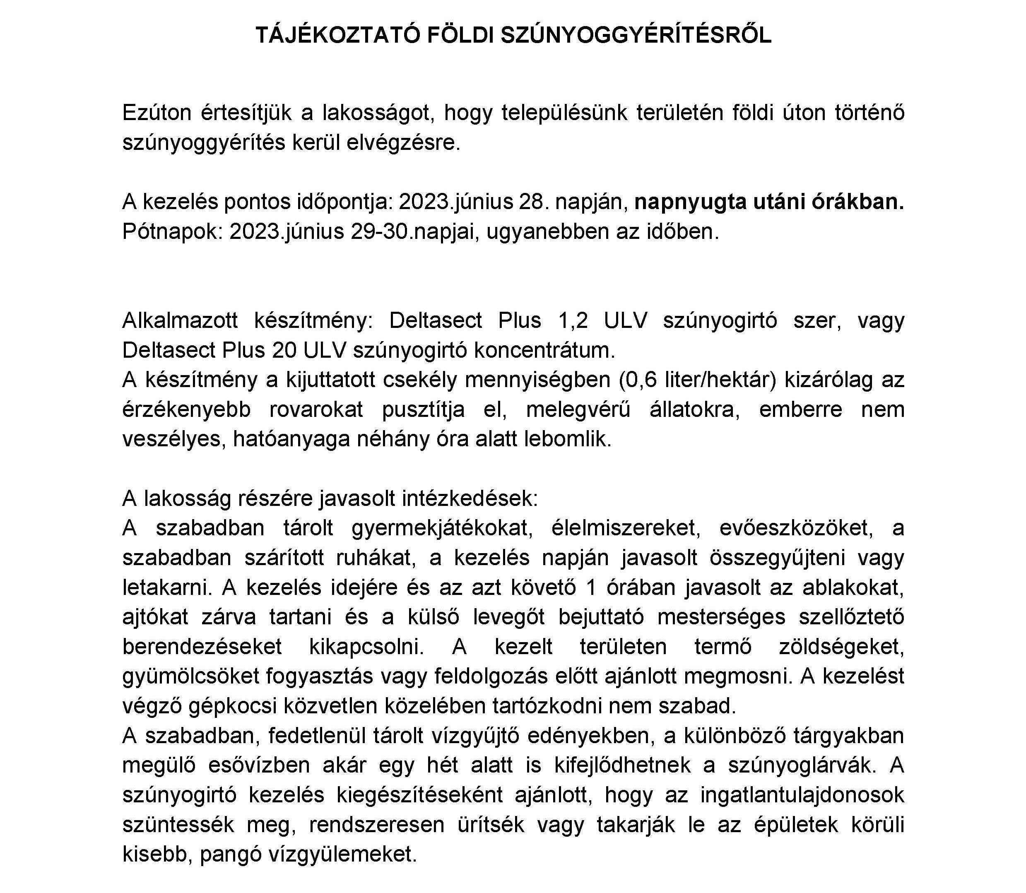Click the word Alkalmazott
click(x=180, y=320)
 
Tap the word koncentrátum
click(x=544, y=350)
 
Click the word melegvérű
click(x=578, y=409)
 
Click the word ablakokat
click(x=853, y=587)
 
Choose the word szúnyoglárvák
click(x=801, y=765)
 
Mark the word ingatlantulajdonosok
click(x=802, y=795)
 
